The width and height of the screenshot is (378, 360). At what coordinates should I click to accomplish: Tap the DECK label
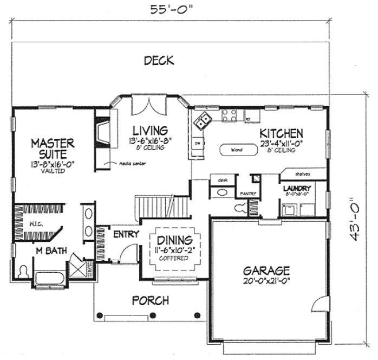click(159, 61)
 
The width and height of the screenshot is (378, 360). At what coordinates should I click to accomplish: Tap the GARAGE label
click(266, 270)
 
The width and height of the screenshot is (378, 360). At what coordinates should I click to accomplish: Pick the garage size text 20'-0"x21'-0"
click(266, 281)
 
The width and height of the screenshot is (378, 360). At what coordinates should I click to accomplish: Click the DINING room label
click(174, 241)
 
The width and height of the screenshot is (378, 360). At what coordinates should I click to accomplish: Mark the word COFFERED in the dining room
click(174, 258)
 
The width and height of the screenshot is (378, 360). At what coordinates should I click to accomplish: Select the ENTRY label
click(124, 235)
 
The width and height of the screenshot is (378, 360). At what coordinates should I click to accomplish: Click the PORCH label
click(151, 300)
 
